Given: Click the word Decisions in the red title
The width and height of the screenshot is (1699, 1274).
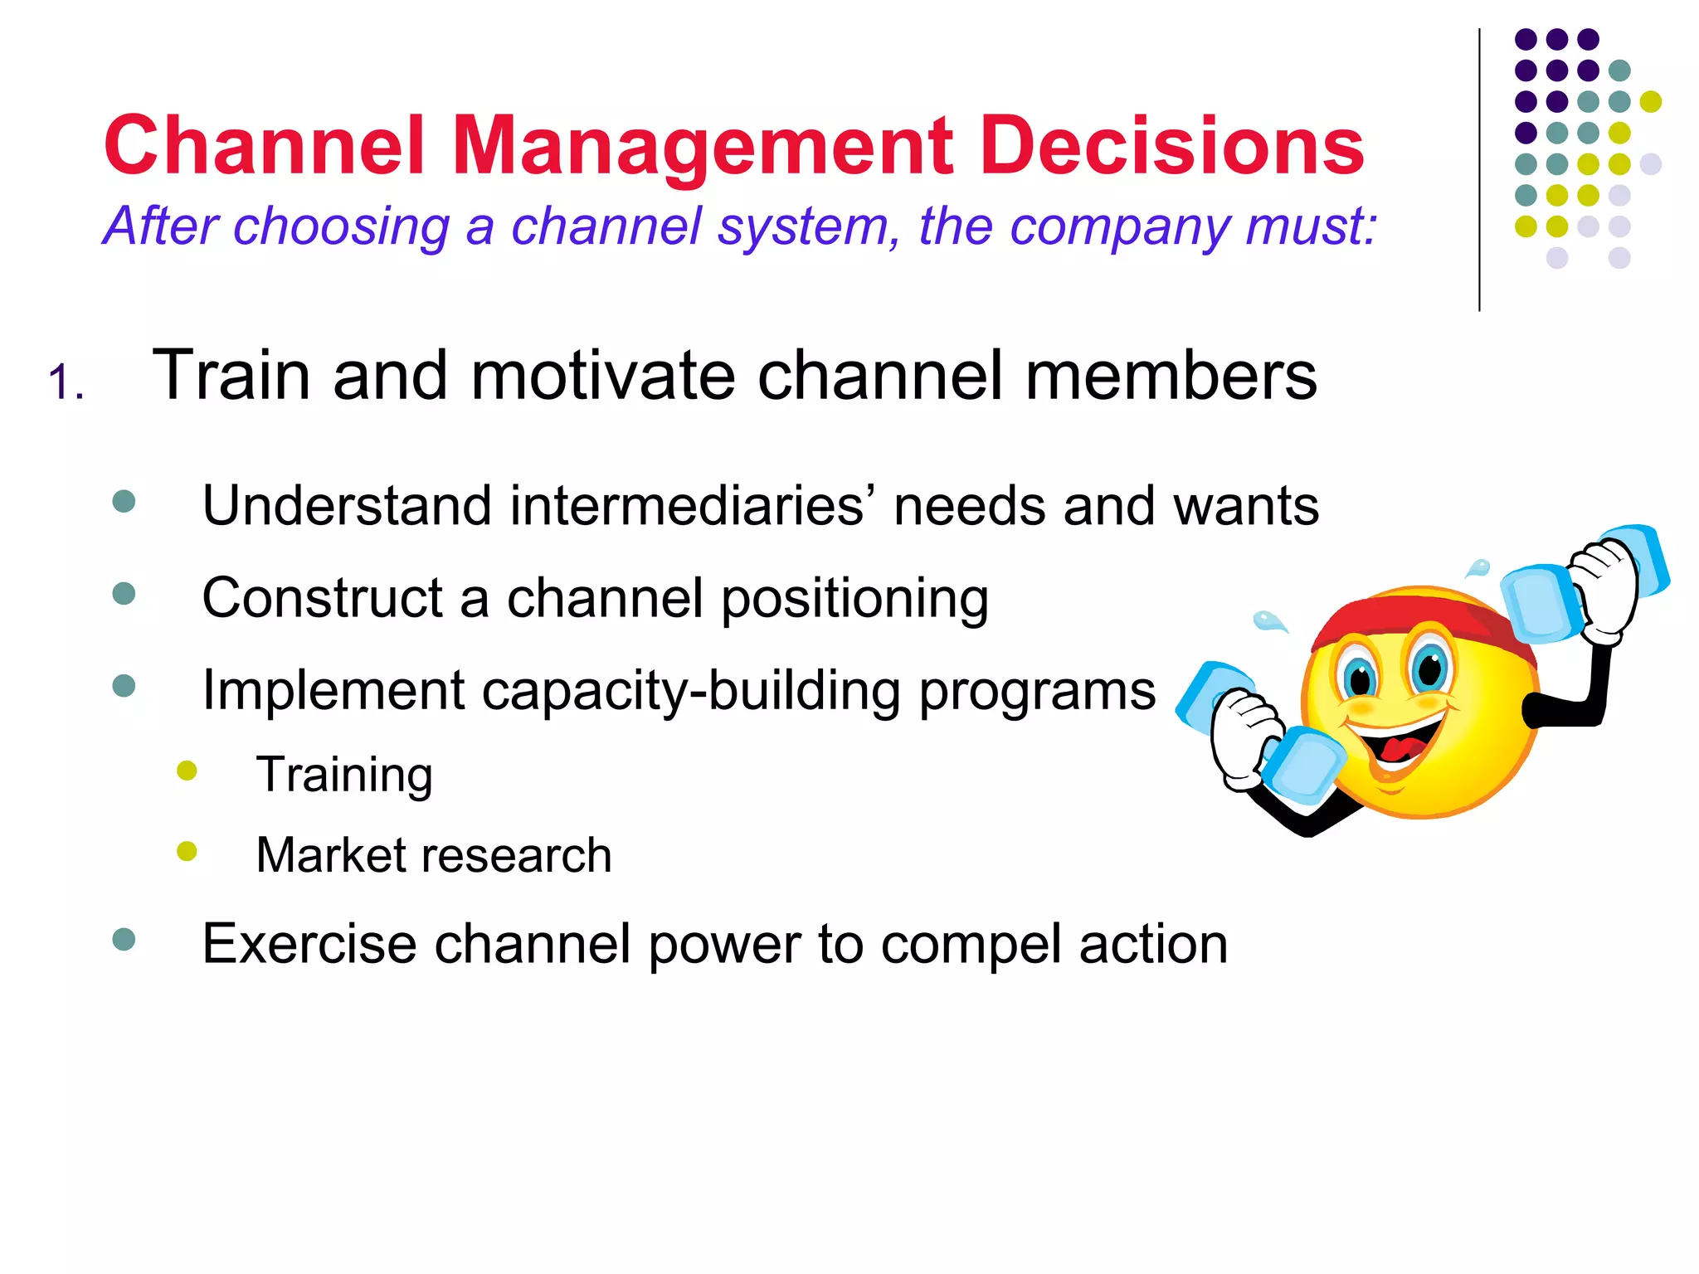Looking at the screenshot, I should point(1171,147).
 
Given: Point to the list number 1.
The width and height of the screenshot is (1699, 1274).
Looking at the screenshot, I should point(65,384).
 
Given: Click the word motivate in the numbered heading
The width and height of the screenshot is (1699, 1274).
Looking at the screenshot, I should point(602,377).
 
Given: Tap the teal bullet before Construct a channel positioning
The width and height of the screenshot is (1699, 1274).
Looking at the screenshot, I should point(124,594).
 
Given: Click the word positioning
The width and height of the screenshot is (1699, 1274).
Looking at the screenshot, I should point(854,600).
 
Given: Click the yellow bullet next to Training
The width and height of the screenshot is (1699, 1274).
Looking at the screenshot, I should point(187,771).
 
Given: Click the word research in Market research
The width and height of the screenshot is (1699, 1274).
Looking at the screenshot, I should point(517,855).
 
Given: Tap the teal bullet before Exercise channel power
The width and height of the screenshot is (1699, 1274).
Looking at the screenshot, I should point(124,940).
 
